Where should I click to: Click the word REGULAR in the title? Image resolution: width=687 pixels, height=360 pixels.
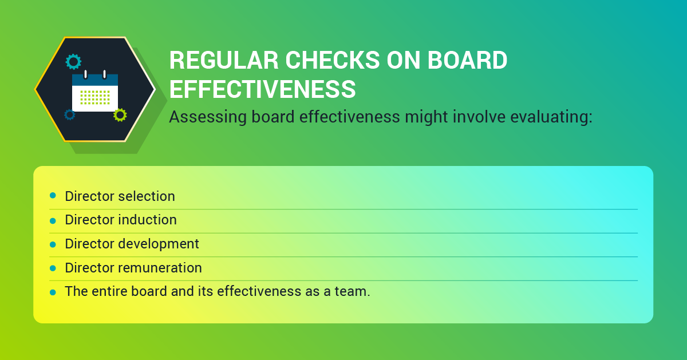click(x=224, y=60)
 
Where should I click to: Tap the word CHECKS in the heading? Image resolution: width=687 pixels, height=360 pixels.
click(x=333, y=60)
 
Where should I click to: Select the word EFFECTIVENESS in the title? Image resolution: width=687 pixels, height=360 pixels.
click(x=263, y=89)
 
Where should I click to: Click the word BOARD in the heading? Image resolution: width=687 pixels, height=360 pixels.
click(x=467, y=60)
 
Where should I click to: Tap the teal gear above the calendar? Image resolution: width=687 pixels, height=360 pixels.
click(x=74, y=62)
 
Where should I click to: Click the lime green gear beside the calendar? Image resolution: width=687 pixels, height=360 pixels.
click(x=120, y=115)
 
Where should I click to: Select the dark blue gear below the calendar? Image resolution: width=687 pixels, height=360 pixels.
click(x=70, y=114)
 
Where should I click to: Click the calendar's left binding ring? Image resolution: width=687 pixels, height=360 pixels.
click(x=85, y=74)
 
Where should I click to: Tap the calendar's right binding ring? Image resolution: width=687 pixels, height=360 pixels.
click(x=105, y=74)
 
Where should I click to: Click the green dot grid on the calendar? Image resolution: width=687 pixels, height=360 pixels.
click(x=95, y=97)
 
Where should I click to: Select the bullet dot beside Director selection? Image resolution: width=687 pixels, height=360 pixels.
click(x=53, y=195)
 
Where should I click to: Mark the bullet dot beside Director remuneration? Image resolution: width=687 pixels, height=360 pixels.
click(x=53, y=268)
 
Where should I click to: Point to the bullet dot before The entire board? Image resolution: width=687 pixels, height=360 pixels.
click(x=53, y=292)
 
